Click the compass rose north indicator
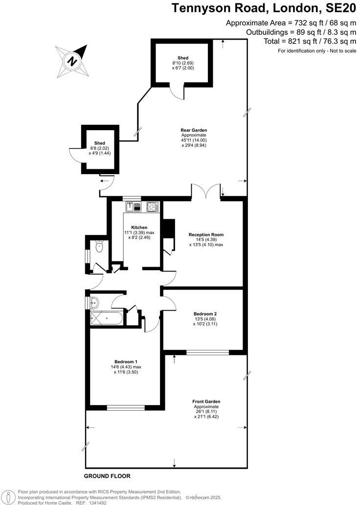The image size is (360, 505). pos(72,61)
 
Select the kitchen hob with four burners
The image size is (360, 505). pos(152,207)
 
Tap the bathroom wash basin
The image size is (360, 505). pos(94,302)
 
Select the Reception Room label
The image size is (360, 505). pos(206,234)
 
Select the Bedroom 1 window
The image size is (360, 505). pos(126,407)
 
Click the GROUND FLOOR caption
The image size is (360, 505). pos(107,476)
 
